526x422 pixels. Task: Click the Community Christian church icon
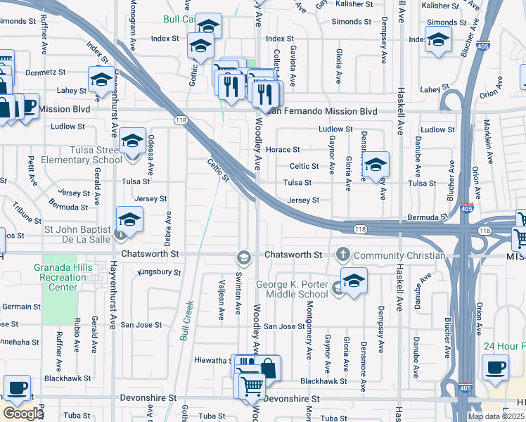342,254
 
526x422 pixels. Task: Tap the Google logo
23,414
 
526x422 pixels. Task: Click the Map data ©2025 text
494,416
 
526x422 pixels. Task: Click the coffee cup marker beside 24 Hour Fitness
495,367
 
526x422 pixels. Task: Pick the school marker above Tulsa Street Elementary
131,141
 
